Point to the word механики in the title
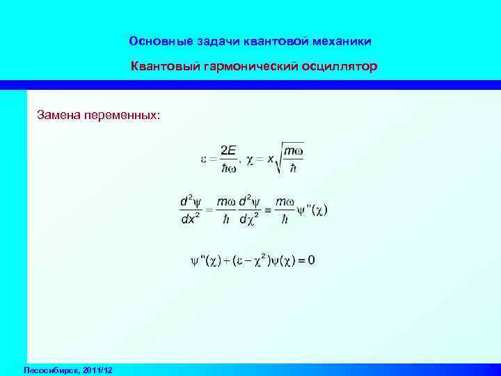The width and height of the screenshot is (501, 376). pos(337,42)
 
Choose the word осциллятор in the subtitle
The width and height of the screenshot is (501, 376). pos(339,68)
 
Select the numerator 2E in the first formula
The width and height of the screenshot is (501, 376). pos(228,150)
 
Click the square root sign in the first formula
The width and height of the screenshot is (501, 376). pos(280,158)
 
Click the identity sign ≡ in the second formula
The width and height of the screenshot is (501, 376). pos(266,209)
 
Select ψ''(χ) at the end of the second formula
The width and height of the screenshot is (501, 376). pos(312,209)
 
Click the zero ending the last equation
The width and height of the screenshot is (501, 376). pos(311,260)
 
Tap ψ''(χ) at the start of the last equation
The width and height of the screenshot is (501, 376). pos(206,261)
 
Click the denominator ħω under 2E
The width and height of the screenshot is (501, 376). pos(228,168)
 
